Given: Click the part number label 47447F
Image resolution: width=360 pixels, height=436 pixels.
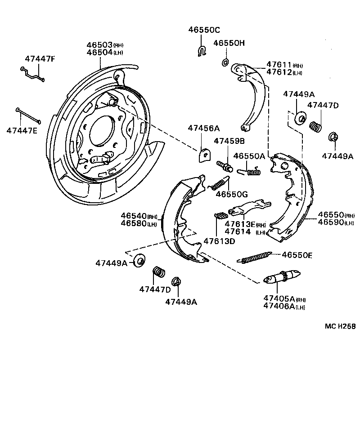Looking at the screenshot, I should click(39, 58).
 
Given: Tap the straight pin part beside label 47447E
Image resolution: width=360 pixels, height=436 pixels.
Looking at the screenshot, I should click(28, 116).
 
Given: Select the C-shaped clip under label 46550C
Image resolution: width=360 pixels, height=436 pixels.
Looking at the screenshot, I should click(202, 50).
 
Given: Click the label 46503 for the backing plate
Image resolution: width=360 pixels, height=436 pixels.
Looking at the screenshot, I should click(99, 45).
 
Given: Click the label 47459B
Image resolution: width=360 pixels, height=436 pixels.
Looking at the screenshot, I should click(229, 141).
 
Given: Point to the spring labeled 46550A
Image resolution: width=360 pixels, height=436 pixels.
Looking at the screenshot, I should click(249, 170).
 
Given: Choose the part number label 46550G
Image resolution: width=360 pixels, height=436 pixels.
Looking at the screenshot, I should click(231, 194).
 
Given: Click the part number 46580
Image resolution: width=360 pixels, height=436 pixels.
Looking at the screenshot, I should click(132, 223).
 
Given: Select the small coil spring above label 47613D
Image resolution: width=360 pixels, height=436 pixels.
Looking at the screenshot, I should click(220, 215).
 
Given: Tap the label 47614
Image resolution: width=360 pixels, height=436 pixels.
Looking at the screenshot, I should click(238, 231).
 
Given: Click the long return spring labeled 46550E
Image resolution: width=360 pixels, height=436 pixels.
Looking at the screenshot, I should click(254, 258).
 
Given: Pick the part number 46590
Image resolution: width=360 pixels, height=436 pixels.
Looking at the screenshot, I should click(331, 222).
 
